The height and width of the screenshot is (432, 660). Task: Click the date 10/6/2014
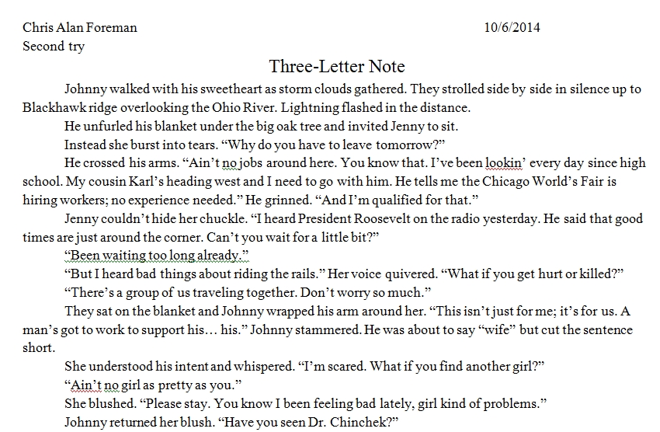pyautogui.click(x=512, y=27)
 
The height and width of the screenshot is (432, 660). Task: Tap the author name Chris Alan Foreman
pyautogui.click(x=80, y=27)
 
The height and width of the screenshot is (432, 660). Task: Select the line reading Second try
pyautogui.click(x=54, y=46)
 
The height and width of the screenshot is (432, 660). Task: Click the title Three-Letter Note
pyautogui.click(x=337, y=67)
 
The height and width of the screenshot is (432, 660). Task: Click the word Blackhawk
pyautogui.click(x=53, y=108)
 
